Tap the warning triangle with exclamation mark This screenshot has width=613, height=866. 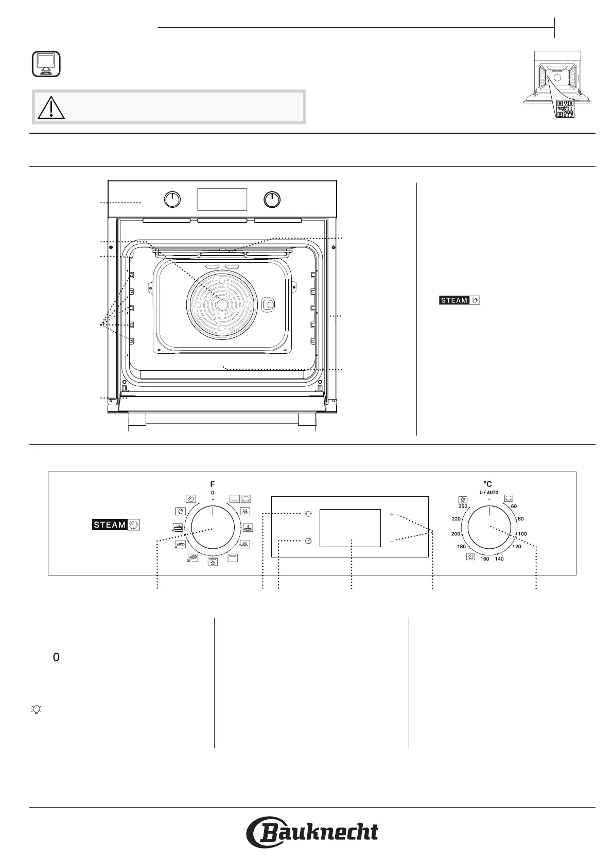click(x=51, y=107)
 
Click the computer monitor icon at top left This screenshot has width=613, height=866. click(x=46, y=64)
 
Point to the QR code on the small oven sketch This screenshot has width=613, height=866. click(x=565, y=109)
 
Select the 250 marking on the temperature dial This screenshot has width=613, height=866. click(x=463, y=506)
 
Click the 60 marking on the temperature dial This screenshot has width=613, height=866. click(x=514, y=506)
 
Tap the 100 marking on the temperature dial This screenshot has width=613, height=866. click(x=522, y=534)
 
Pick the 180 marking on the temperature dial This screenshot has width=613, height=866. click(x=461, y=547)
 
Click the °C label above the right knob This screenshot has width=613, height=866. click(x=487, y=484)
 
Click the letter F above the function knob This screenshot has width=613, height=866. click(x=213, y=484)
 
